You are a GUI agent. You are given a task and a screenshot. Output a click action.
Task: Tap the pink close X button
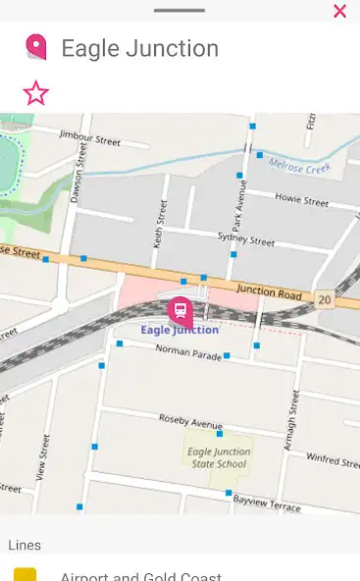(x=339, y=12)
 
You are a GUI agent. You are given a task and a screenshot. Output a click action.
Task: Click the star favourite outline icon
(x=35, y=93)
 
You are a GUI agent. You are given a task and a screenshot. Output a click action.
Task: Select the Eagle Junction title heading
(x=139, y=48)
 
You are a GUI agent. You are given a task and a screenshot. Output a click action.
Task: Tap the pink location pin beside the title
(x=35, y=47)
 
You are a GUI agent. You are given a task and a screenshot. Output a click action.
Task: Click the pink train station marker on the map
(x=180, y=311)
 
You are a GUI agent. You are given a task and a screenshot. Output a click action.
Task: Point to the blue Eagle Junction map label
(x=180, y=330)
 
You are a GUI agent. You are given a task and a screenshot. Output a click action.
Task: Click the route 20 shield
(x=324, y=297)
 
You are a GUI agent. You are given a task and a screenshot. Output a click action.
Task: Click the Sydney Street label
(x=245, y=238)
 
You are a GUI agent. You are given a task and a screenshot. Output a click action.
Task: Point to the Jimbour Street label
(x=89, y=137)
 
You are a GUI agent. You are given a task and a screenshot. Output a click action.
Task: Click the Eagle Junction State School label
(x=219, y=457)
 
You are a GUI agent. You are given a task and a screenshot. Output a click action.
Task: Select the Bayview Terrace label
(x=266, y=501)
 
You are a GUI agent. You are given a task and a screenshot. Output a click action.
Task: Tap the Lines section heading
(x=25, y=545)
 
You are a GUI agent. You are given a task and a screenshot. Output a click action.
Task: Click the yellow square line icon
(x=25, y=575)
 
